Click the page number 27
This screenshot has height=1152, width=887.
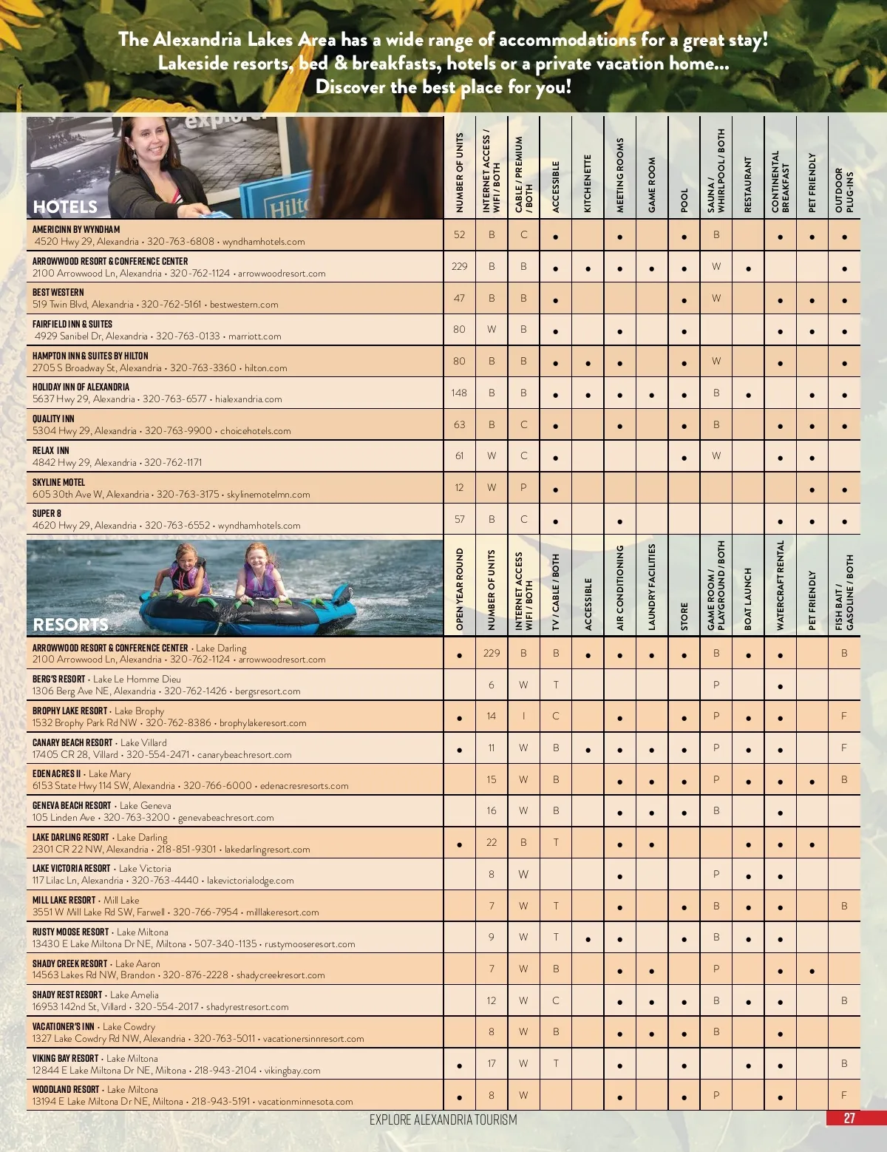tap(849, 1118)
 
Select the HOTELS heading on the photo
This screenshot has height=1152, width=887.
tap(65, 207)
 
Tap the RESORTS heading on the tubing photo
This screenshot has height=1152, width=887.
tap(70, 625)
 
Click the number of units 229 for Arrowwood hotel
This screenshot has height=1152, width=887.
tap(459, 266)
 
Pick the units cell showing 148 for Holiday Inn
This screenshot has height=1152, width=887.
tap(459, 393)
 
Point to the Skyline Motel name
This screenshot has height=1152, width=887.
tap(58, 482)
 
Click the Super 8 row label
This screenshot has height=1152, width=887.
tap(47, 513)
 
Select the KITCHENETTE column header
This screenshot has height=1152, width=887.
tap(588, 183)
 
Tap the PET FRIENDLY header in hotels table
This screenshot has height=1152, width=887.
tap(812, 183)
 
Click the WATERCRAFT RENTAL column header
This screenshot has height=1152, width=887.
tap(780, 585)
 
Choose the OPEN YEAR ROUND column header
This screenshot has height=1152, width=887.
tap(460, 589)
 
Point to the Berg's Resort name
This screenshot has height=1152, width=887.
tap(58, 679)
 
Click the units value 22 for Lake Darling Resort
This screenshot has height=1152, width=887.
tap(492, 842)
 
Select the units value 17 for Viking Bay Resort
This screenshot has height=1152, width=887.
tap(492, 1063)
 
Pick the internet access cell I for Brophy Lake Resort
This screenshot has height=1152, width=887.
tap(523, 716)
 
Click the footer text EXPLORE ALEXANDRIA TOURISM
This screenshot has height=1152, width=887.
tap(443, 1119)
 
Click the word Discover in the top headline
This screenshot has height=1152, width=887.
tap(350, 87)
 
